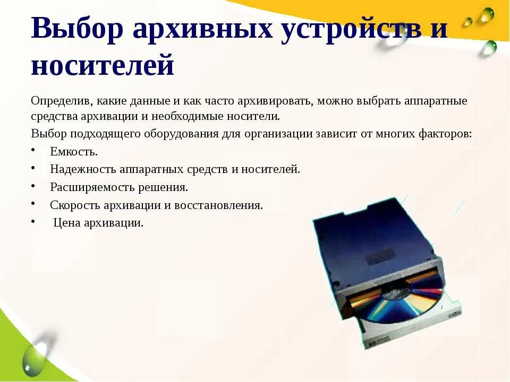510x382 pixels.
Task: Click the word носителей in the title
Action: pos(103,66)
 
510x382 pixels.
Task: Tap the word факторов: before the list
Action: pos(444,133)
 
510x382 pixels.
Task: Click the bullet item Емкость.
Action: pos(74,152)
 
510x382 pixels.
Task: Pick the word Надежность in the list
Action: pos(83,169)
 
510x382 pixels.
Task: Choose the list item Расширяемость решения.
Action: pos(119,187)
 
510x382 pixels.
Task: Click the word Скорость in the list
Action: pos(74,205)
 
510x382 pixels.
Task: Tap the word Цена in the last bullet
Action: pos(66,223)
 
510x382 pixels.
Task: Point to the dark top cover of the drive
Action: pos(372,239)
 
